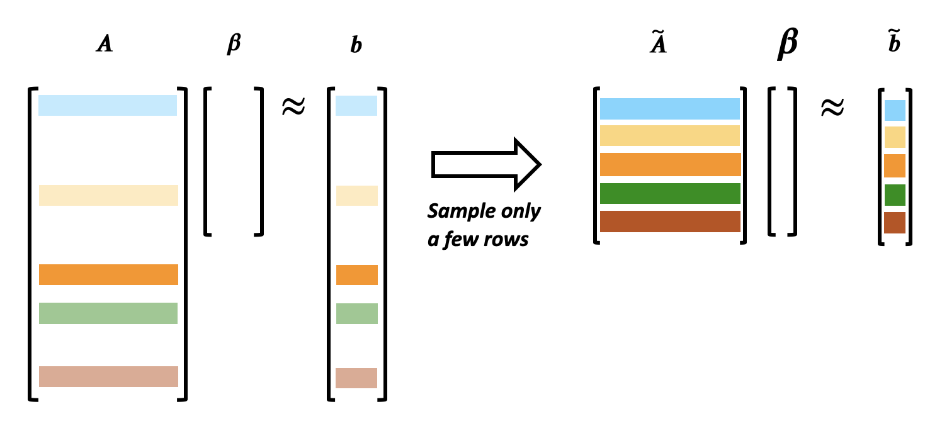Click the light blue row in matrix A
108,105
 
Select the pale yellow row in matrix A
108,196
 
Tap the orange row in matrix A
108,274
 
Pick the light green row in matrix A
108,313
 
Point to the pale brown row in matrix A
108,376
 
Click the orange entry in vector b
357,275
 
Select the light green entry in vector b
357,313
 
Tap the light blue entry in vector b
356,106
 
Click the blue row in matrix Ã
670,109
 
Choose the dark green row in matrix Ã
670,193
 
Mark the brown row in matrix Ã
670,221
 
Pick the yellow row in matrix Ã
670,135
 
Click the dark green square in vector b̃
895,195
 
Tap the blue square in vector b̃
895,111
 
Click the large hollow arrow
486,164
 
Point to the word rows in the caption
506,240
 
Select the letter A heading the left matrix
105,43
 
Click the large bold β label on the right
788,43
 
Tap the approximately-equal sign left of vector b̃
832,107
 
